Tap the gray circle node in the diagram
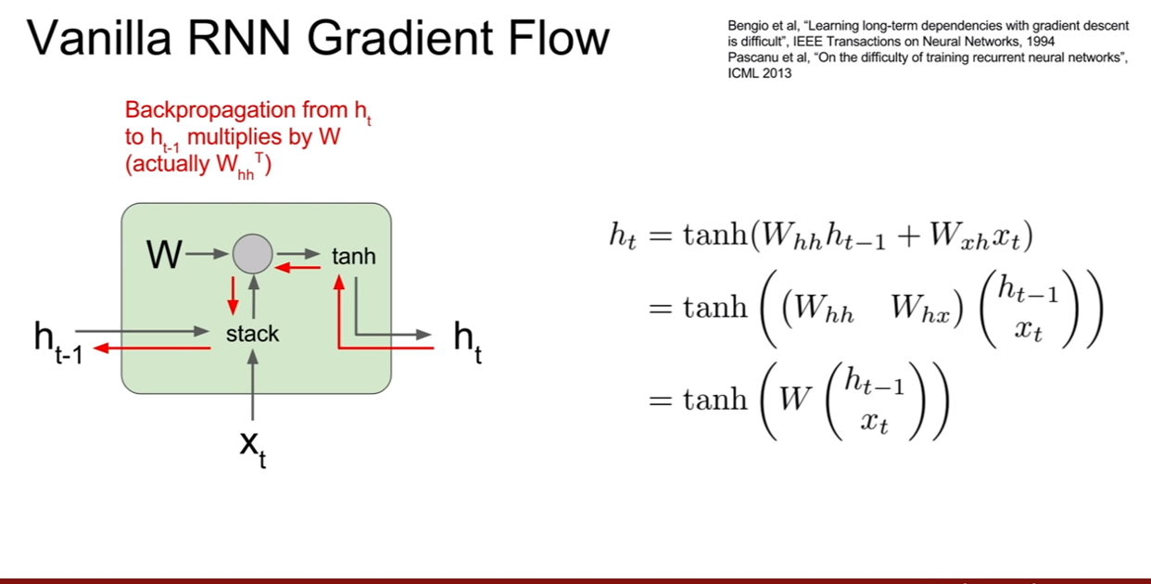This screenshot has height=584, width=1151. pos(253,254)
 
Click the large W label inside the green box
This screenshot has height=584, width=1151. pos(164,254)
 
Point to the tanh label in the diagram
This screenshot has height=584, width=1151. pos(353,256)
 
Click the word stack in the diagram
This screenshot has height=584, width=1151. pos(252,334)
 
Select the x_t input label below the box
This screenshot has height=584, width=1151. pos(253,449)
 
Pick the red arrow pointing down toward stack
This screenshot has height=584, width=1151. pos(234,296)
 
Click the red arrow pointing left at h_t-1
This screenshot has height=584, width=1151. pos(152,349)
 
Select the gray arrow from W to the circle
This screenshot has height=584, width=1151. pos(207,253)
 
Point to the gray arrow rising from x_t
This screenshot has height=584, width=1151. pos(252,385)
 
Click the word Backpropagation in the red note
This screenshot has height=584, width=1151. pos(210,110)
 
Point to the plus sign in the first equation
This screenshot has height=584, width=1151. pos(909,237)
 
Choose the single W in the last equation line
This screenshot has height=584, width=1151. pos(795,399)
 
